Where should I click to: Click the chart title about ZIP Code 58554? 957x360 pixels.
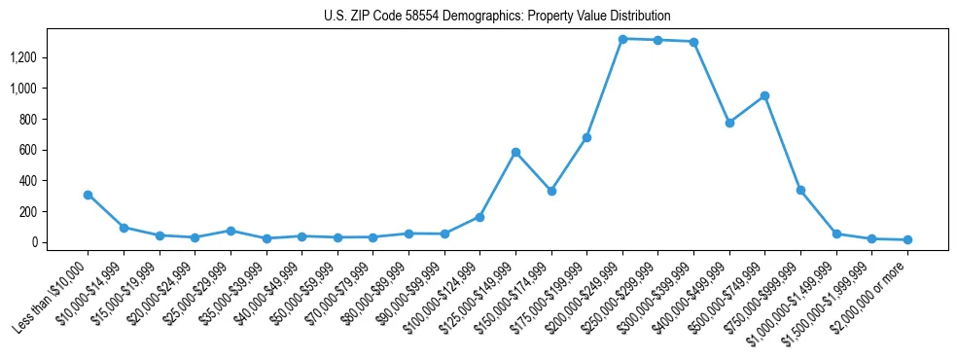coord(497,16)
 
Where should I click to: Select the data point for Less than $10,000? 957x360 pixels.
coord(88,195)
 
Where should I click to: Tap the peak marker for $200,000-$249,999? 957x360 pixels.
coord(622,39)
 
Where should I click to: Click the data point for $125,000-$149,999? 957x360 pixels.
coord(515,152)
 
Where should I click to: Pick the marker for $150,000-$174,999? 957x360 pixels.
coord(551,191)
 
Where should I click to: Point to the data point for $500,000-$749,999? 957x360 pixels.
coord(764,95)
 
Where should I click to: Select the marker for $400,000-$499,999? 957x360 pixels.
coord(729,123)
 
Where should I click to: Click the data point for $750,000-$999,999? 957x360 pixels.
coord(800,190)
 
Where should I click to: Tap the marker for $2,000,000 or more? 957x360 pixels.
coord(907,239)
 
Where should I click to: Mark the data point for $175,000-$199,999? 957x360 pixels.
coord(586,137)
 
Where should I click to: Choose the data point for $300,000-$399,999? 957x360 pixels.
coord(693,42)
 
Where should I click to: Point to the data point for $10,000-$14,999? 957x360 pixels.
coord(124,228)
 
